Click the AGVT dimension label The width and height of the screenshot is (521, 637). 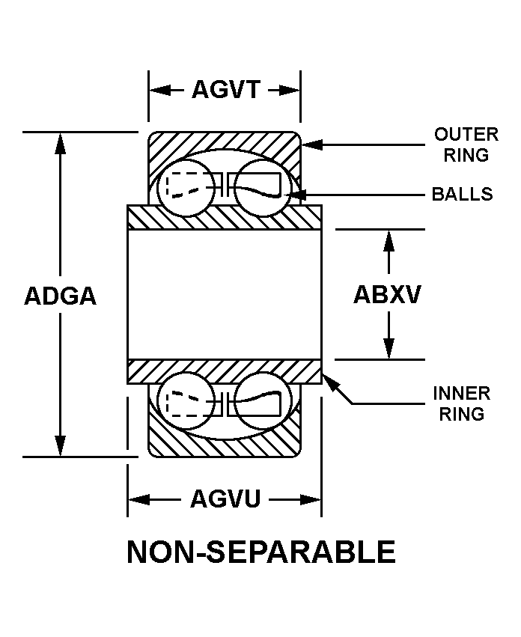tap(225, 90)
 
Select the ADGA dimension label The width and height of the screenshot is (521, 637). tap(61, 296)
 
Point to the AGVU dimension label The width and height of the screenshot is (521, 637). tap(225, 499)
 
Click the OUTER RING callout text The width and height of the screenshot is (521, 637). tap(466, 144)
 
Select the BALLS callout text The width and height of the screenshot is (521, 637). tap(462, 195)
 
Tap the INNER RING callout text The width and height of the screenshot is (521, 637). tap(462, 403)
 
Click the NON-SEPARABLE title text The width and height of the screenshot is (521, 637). tap(261, 552)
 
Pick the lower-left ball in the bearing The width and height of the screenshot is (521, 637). tap(187, 403)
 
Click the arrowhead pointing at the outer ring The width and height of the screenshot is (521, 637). tap(309, 144)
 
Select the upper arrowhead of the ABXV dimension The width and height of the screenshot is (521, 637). tap(388, 238)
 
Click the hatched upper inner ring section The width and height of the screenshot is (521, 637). tap(225, 217)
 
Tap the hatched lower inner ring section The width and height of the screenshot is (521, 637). tap(225, 370)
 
